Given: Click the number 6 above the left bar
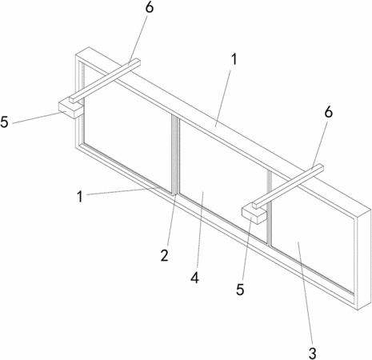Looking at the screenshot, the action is point(150,7).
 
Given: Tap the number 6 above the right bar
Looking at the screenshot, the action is point(329,112).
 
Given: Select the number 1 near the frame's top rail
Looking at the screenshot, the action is point(234,59).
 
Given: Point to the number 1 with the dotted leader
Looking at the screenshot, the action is point(80,197).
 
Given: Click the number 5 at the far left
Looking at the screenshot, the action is point(4,122).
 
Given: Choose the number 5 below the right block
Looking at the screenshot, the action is point(240,290).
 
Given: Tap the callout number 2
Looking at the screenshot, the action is point(164,255).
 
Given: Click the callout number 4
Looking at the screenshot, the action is point(194,278).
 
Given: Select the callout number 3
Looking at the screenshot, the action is point(312,354).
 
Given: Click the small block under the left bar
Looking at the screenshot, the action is point(70,109).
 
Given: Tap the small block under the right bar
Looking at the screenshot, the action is point(254,214).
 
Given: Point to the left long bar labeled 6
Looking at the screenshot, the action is point(105,81).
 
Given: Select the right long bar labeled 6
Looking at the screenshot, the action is point(288,186).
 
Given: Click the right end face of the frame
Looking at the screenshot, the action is point(364,259).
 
